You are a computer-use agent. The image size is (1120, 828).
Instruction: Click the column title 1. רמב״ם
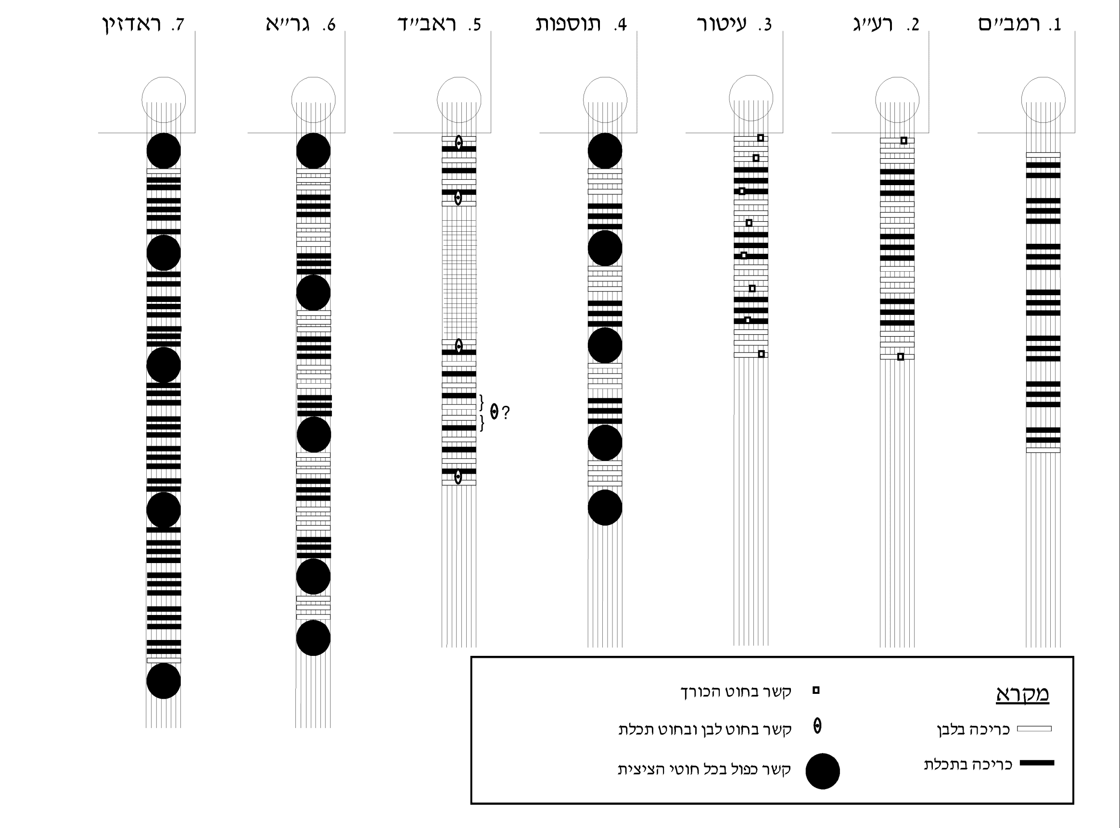(1019, 24)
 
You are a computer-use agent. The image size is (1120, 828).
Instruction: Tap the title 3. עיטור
(735, 24)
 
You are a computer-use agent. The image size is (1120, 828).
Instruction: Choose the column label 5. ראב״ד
(439, 24)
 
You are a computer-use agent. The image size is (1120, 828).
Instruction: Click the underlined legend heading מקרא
(1022, 694)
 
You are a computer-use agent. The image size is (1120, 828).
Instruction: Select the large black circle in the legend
(823, 771)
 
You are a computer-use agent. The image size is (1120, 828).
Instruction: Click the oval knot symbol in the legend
(817, 726)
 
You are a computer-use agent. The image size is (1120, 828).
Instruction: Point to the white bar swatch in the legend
(1034, 729)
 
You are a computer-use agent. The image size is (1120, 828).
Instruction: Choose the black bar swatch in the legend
(1037, 763)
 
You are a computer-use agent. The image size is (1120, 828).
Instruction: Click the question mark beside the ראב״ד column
(506, 413)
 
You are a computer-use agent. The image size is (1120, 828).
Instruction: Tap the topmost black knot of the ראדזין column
(164, 151)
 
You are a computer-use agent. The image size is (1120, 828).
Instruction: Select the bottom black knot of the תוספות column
(605, 508)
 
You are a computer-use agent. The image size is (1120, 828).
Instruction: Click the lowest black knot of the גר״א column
(313, 638)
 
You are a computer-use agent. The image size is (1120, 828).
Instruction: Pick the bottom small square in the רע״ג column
(901, 357)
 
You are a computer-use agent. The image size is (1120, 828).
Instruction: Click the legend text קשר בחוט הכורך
(736, 691)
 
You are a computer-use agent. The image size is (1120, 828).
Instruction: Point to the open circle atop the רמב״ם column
(1044, 78)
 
